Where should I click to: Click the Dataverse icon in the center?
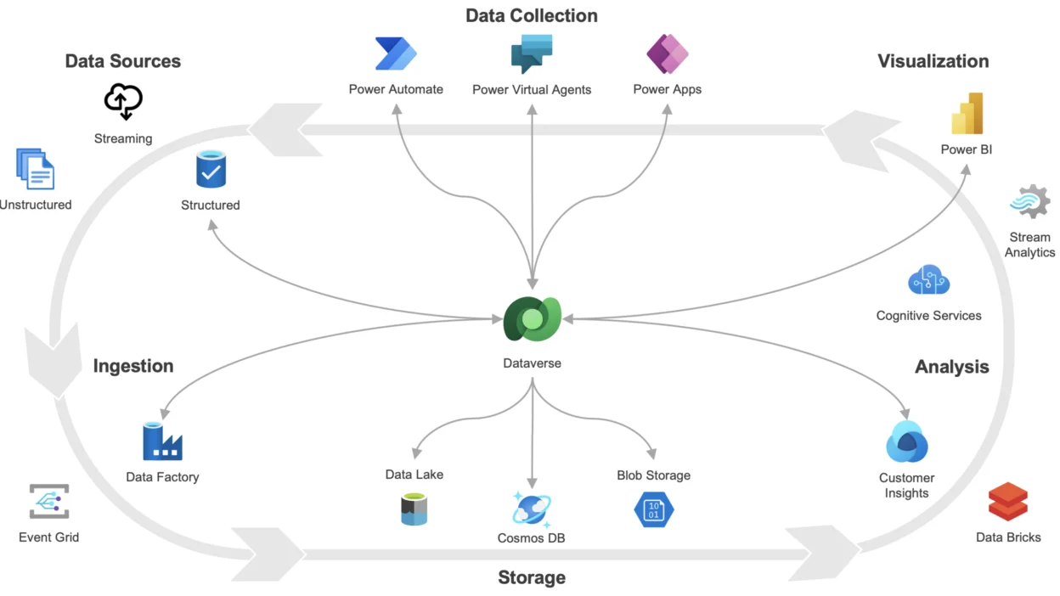coord(532,319)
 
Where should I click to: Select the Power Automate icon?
coord(396,53)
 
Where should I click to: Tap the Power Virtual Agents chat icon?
coord(532,53)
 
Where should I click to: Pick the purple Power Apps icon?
coord(667,53)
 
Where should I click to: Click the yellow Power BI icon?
coord(967,114)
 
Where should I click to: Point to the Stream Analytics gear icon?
coord(1030,203)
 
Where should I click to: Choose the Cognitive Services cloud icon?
coord(928,280)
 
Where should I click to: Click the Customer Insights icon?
coord(906,442)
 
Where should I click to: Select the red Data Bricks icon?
coord(1008,502)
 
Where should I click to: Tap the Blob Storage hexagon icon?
coord(653,509)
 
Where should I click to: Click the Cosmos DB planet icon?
coord(532,509)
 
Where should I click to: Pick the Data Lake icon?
coord(414,509)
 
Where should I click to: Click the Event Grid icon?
coord(48,502)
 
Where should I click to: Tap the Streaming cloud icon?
coord(123,102)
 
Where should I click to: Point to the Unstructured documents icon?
coord(35,168)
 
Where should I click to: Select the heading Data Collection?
coord(532,15)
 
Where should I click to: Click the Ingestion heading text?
coord(133,366)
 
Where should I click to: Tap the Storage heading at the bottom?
coord(532,578)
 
